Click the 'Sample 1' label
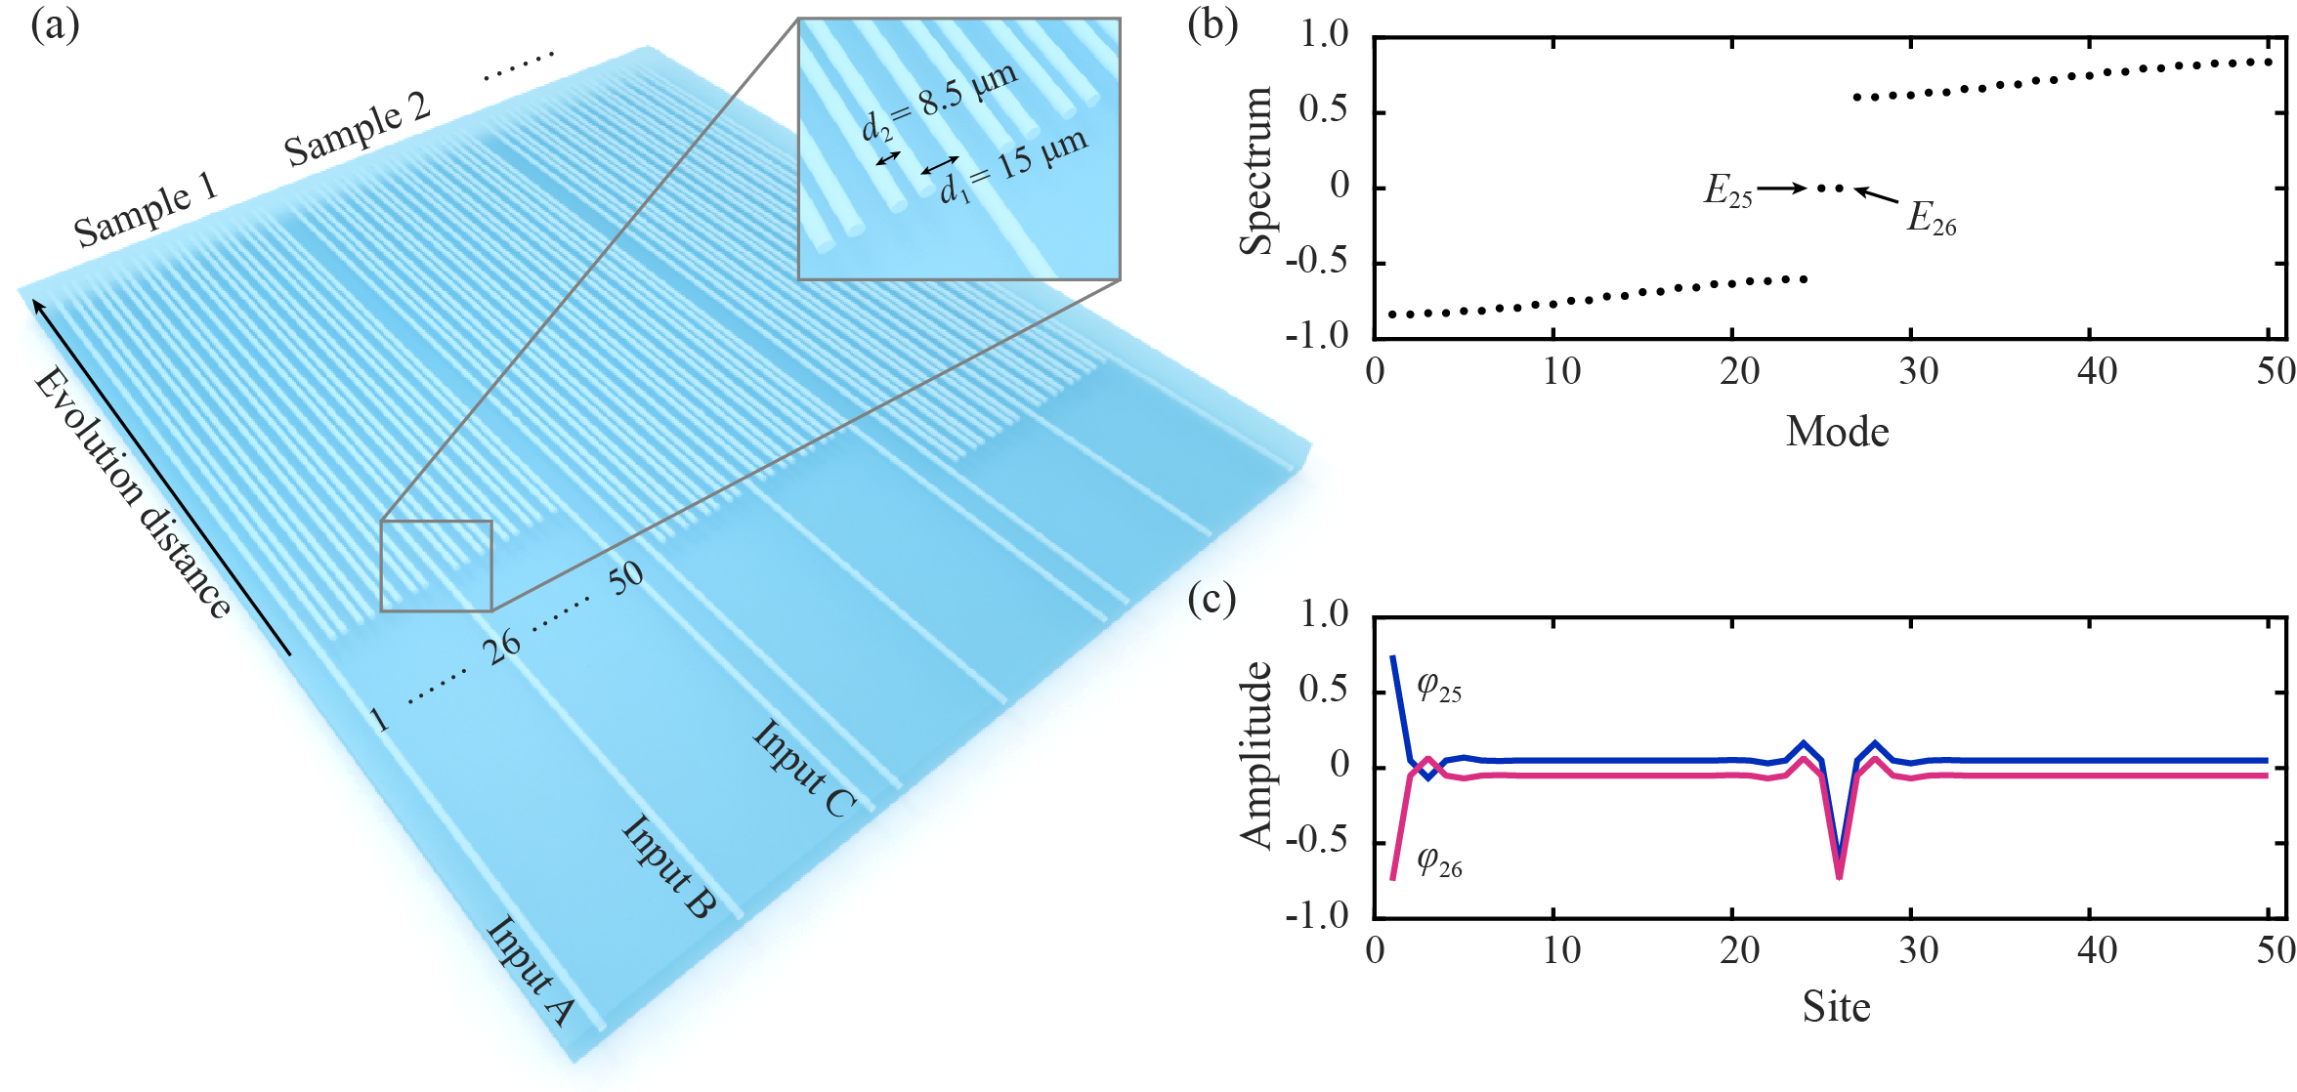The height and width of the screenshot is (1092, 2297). tap(146, 210)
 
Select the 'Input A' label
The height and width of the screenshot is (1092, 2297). tap(530, 971)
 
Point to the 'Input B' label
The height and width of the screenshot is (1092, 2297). tap(669, 866)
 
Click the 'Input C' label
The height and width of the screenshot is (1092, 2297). tap(804, 769)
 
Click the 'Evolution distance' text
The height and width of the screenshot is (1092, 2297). tap(132, 493)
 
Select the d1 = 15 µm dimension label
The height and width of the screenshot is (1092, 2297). tap(1013, 165)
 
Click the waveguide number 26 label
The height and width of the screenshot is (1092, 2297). tap(502, 647)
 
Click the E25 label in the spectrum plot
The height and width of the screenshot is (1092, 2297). tap(1727, 191)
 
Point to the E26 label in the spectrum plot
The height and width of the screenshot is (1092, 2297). tap(1932, 218)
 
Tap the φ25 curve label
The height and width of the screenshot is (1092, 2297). tap(1439, 687)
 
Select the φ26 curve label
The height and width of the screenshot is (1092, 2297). tap(1439, 861)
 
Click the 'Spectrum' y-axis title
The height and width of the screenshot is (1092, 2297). tap(1256, 171)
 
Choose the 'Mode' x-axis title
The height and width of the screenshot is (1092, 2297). tap(1837, 431)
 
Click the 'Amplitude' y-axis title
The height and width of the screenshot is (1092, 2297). tap(1256, 755)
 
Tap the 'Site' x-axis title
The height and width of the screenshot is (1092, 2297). tap(1836, 1006)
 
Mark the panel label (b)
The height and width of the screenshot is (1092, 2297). tap(1212, 23)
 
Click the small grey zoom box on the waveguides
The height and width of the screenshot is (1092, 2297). tap(436, 566)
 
